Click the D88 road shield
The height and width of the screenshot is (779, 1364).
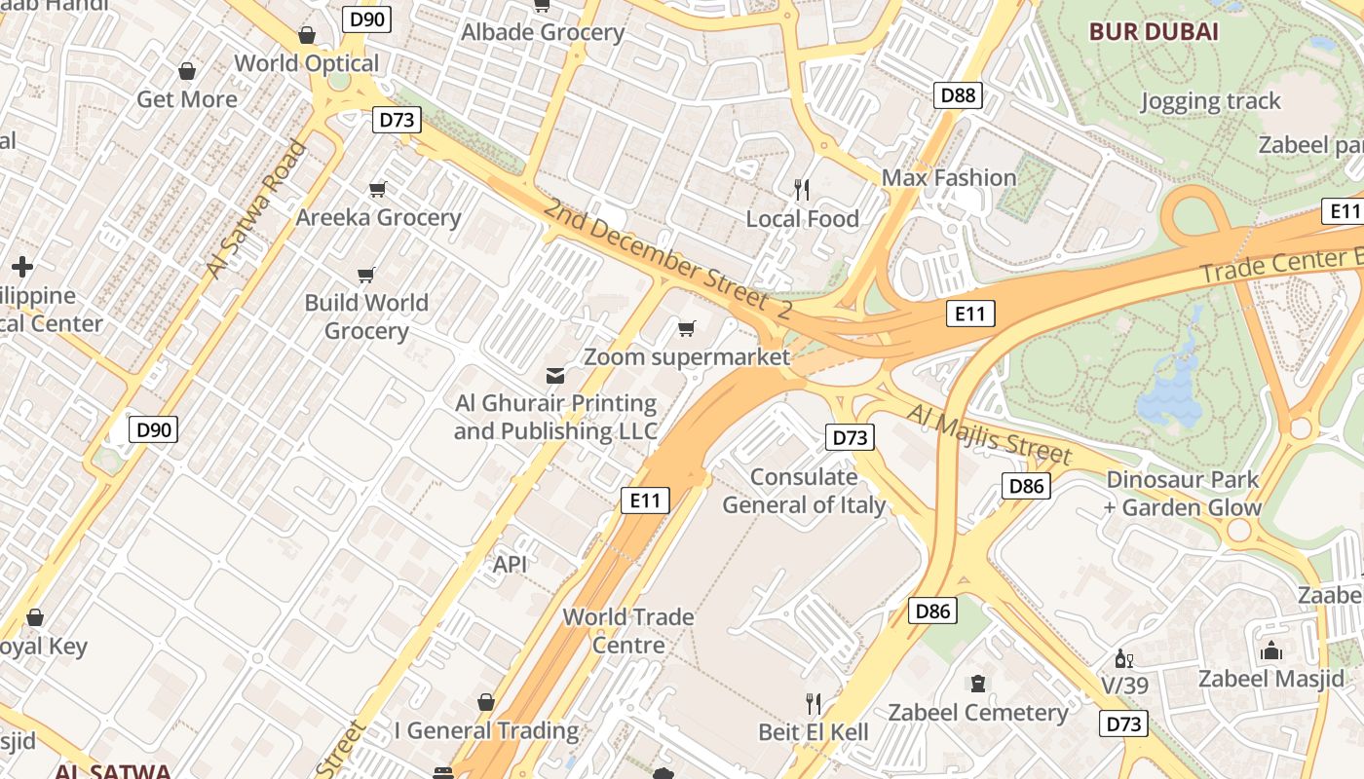(958, 94)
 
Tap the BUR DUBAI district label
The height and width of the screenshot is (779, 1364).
(1154, 31)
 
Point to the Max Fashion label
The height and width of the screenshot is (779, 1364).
(948, 177)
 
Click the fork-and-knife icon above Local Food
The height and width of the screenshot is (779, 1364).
(802, 189)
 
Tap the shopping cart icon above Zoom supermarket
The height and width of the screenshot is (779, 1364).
(687, 328)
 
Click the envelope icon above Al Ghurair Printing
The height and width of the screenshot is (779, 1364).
(555, 375)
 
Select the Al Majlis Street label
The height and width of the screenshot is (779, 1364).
(989, 434)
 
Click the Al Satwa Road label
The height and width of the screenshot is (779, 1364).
(256, 208)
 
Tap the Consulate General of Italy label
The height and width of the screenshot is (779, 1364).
(804, 491)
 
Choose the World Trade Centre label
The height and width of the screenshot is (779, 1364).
(628, 630)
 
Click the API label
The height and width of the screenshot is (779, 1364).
(510, 564)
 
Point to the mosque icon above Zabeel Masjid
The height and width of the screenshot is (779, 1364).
(1270, 650)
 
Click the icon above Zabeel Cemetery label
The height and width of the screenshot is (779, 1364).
(978, 684)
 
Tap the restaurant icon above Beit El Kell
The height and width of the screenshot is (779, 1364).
(814, 703)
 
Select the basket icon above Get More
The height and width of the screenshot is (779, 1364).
(187, 71)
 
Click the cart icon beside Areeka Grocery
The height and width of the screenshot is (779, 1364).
(377, 189)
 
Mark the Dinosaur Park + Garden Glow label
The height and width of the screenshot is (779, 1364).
(1183, 493)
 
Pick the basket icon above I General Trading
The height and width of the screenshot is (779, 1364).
(486, 702)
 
